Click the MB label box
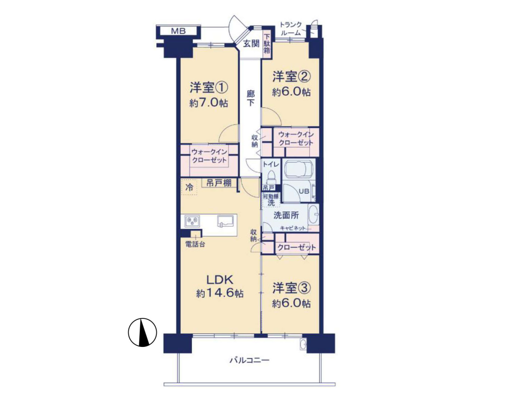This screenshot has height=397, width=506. coord(178,31)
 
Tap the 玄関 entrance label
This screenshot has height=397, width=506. coord(251,43)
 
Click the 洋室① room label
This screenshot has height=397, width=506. coord(209,88)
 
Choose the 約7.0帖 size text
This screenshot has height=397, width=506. coord(209,103)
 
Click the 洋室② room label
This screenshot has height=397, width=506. coord(291,77)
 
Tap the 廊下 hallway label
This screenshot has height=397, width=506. coord(250,98)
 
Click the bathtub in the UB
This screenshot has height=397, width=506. coord(299,170)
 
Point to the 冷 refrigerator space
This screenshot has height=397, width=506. coord(189,187)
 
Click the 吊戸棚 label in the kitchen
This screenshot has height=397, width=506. coord(219,183)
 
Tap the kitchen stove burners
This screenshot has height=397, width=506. coord(192,221)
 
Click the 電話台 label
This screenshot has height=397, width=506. coord(195,244)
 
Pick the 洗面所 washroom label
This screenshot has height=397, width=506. coord(286,215)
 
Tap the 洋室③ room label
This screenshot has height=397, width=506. coord(291,288)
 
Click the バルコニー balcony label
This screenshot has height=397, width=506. coord(249,360)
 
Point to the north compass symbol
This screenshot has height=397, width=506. coord(142,332)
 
